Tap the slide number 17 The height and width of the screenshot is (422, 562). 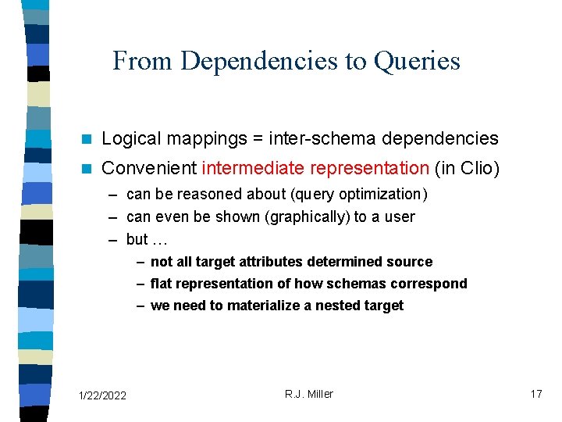(x=535, y=394)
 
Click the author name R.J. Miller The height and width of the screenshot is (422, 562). (x=308, y=394)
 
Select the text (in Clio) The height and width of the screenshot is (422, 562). (x=466, y=168)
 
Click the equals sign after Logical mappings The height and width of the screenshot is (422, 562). (x=257, y=139)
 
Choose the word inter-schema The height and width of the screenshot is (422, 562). (x=319, y=139)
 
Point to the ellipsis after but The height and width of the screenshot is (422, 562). (x=160, y=239)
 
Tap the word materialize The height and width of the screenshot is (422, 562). (x=261, y=306)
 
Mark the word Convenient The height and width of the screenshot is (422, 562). (x=149, y=168)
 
